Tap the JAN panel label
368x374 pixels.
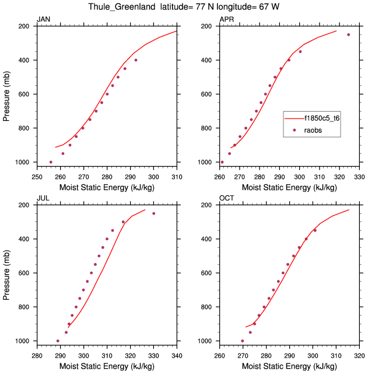click(44, 20)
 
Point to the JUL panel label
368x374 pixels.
click(43, 199)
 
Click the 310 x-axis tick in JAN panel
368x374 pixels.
click(177, 176)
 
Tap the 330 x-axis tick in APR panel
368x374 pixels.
click(359, 176)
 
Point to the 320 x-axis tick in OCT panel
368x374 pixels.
click(359, 355)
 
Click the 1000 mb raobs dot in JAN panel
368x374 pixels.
click(51, 162)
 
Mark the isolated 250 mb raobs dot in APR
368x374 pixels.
click(348, 34)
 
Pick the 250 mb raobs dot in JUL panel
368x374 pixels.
click(153, 213)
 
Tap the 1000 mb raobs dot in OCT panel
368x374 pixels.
click(243, 341)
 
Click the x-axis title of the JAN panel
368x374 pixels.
click(106, 188)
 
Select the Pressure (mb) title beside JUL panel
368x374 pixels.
click(6, 273)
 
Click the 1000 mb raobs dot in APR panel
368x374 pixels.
click(222, 162)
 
